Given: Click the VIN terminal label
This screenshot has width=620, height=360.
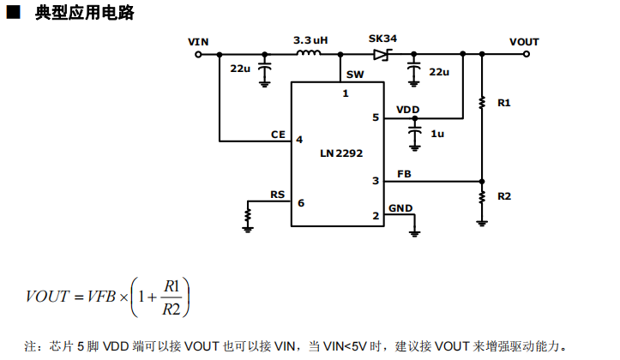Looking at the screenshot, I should pyautogui.click(x=198, y=41).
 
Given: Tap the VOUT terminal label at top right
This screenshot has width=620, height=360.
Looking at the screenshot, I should pyautogui.click(x=524, y=41).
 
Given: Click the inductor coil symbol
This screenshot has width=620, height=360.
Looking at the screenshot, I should pyautogui.click(x=310, y=54).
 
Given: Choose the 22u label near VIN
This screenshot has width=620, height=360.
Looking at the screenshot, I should pyautogui.click(x=240, y=69).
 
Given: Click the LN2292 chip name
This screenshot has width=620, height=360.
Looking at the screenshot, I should pyautogui.click(x=341, y=153).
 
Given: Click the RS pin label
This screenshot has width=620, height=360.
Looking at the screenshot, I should pyautogui.click(x=277, y=195).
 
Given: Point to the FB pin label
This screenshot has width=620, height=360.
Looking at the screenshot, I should pyautogui.click(x=405, y=173).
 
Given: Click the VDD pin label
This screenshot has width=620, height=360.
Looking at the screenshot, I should pyautogui.click(x=408, y=111).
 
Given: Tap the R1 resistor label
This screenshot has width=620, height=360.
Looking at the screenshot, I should pyautogui.click(x=504, y=103).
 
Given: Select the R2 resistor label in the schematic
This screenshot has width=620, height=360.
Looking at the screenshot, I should pyautogui.click(x=504, y=196).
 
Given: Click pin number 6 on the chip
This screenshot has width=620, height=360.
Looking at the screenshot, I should pyautogui.click(x=300, y=202).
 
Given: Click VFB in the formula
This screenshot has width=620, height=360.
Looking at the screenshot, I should pyautogui.click(x=104, y=297).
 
